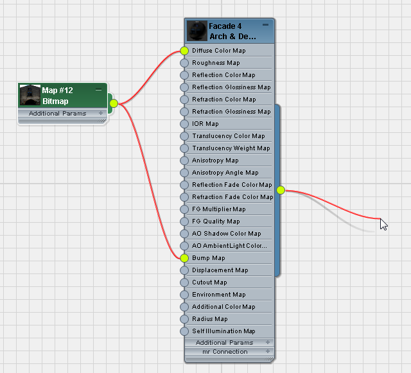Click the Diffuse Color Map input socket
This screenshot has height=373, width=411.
tap(184, 51)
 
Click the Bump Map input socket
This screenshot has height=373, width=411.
tap(184, 258)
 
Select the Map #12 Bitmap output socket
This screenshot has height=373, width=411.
tap(114, 103)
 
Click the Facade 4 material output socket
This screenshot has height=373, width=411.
tap(281, 190)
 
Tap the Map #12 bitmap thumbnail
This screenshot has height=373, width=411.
tap(30, 95)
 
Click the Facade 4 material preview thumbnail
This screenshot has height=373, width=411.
tap(197, 31)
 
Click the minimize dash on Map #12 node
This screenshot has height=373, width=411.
tap(98, 90)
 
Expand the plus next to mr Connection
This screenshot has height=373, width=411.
tap(268, 351)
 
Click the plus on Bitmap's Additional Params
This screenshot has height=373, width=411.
tap(101, 113)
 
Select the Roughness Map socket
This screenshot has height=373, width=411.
tap(184, 63)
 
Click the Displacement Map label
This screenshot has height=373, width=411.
tap(220, 270)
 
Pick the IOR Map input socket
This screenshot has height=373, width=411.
tap(184, 124)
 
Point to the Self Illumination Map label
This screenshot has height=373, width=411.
tap(223, 331)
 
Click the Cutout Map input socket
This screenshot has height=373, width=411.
tap(184, 282)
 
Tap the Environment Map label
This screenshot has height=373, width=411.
tap(219, 295)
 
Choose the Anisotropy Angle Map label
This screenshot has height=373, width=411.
tap(225, 173)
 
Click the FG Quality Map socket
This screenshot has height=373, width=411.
tap(184, 221)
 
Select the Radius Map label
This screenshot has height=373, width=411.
tap(210, 318)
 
